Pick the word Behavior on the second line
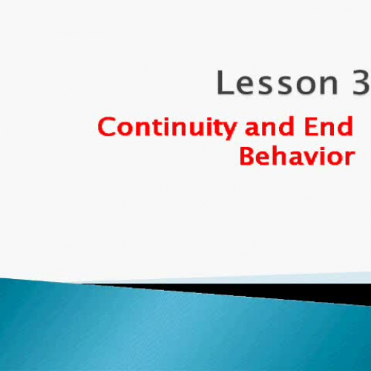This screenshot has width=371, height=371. (x=296, y=157)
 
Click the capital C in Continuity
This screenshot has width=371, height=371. (x=108, y=128)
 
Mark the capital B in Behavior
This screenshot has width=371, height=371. (x=247, y=157)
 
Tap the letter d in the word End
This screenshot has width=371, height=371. (x=345, y=128)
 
